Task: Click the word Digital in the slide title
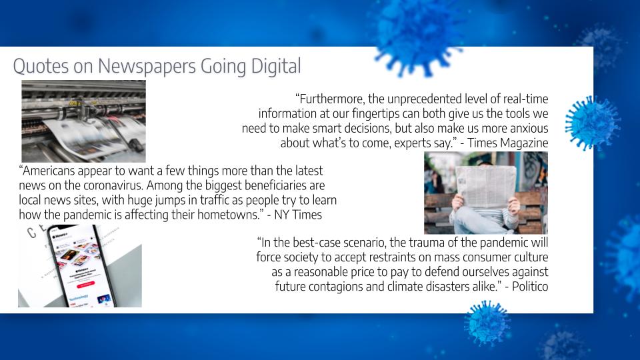point(276,66)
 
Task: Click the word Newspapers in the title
point(147,67)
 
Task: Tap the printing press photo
point(84,121)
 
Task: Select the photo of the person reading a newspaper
point(486,193)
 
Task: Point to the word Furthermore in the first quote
point(332,99)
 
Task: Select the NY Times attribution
point(298,215)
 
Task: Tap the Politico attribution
point(530,287)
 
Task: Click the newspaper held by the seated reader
point(486,186)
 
